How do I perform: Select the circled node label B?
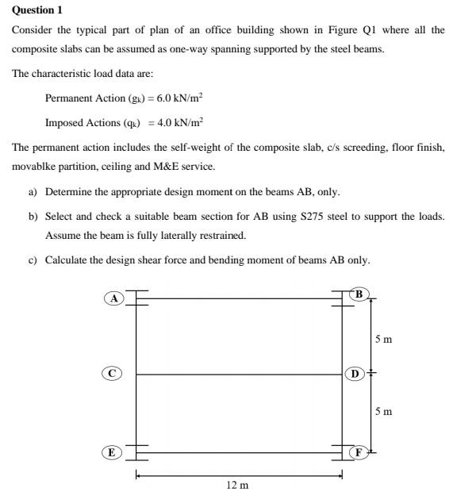pos(359,294)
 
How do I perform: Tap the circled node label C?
pos(113,372)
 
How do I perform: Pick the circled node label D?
pos(355,372)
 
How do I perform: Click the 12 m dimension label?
pos(237,484)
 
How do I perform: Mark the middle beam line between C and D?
pos(238,374)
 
